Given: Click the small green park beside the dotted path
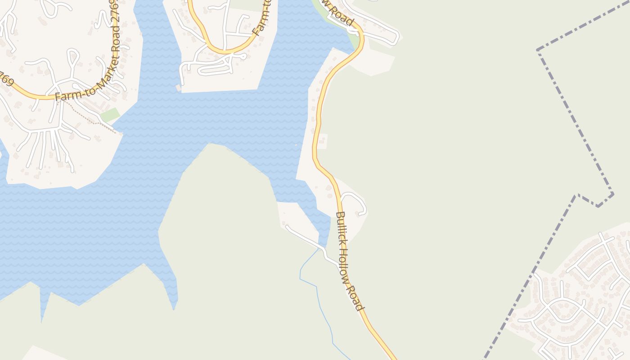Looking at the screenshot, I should click(x=110, y=115).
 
